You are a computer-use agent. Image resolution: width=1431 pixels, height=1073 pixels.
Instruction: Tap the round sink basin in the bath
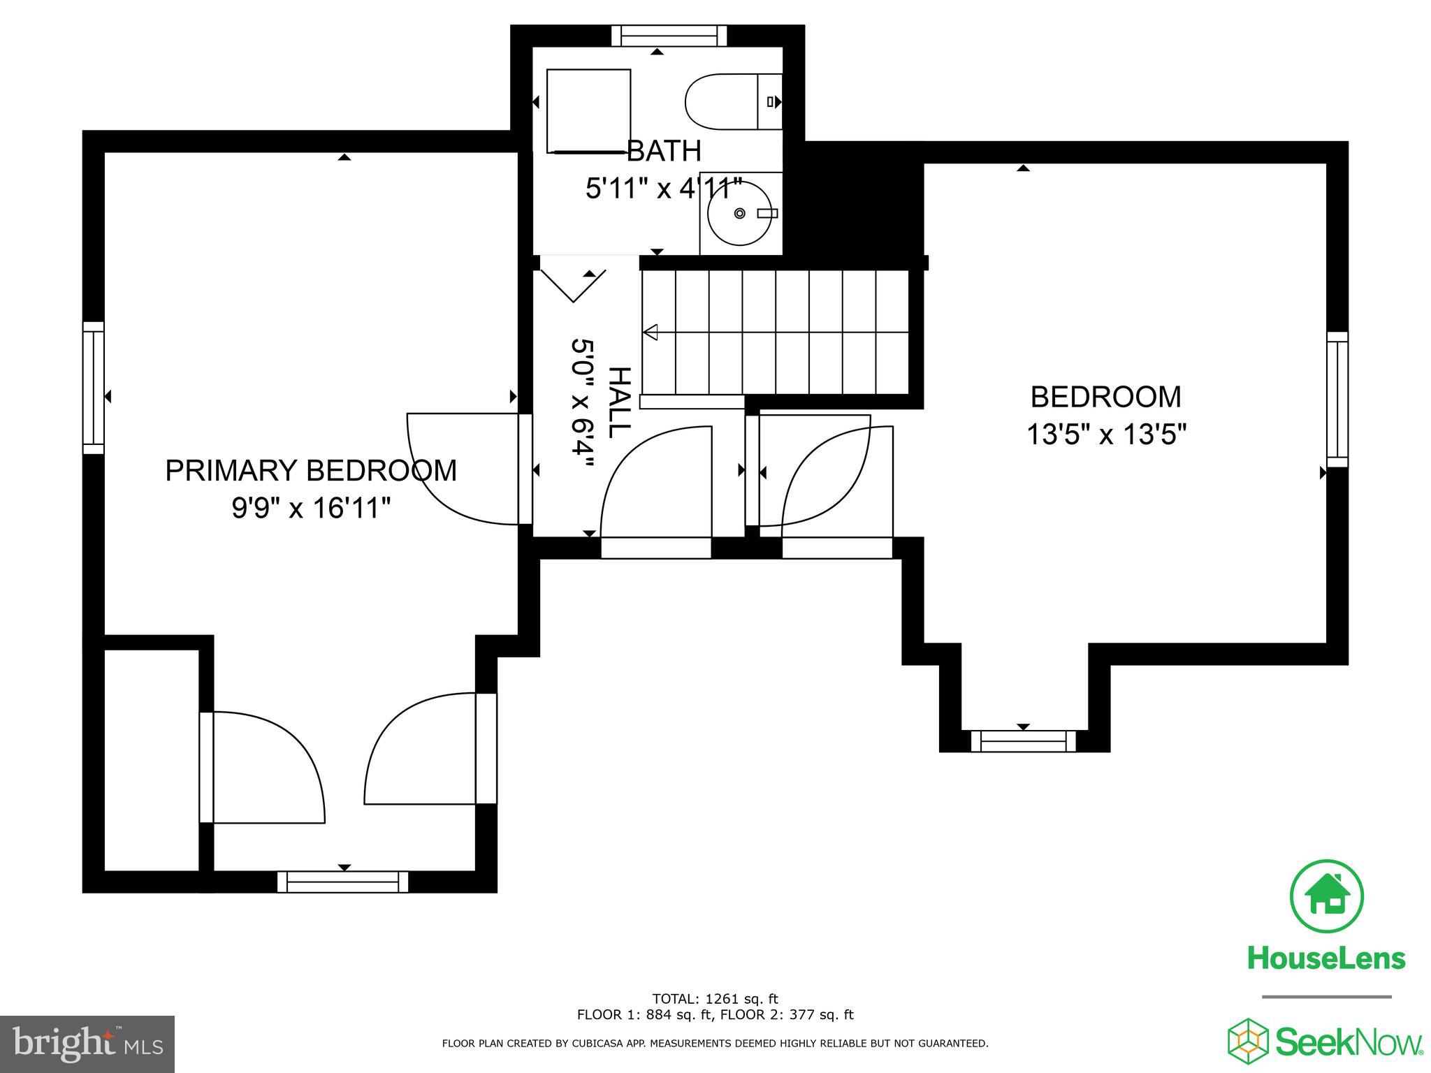pyautogui.click(x=739, y=213)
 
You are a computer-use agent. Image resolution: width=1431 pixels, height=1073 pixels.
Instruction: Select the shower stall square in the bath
pyautogui.click(x=588, y=110)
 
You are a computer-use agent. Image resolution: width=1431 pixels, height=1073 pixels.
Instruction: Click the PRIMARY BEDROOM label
pyautogui.click(x=311, y=470)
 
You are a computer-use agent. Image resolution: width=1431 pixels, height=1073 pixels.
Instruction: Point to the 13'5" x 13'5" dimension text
pyautogui.click(x=1106, y=435)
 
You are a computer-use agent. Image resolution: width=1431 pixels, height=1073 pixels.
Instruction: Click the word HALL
pyautogui.click(x=619, y=402)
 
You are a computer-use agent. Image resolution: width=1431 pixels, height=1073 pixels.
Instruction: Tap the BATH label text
pyautogui.click(x=664, y=151)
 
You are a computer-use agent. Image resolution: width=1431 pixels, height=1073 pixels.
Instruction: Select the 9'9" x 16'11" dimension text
pyautogui.click(x=311, y=508)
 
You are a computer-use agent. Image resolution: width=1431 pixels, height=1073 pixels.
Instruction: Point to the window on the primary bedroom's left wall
pyautogui.click(x=94, y=388)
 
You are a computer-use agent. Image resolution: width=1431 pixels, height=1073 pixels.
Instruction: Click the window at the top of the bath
pyautogui.click(x=669, y=35)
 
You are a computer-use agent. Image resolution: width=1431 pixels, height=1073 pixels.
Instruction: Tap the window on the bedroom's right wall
pyautogui.click(x=1337, y=400)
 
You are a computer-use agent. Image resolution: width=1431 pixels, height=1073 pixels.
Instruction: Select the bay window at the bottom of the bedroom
pyautogui.click(x=1024, y=740)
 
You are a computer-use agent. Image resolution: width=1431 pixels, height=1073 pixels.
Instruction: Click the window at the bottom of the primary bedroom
pyautogui.click(x=342, y=882)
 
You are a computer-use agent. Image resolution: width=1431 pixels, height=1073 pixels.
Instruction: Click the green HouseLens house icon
pyautogui.click(x=1325, y=896)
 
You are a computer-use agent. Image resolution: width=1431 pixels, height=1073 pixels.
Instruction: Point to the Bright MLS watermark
pyautogui.click(x=87, y=1044)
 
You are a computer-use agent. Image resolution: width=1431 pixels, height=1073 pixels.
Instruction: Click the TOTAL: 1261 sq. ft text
pyautogui.click(x=715, y=999)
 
